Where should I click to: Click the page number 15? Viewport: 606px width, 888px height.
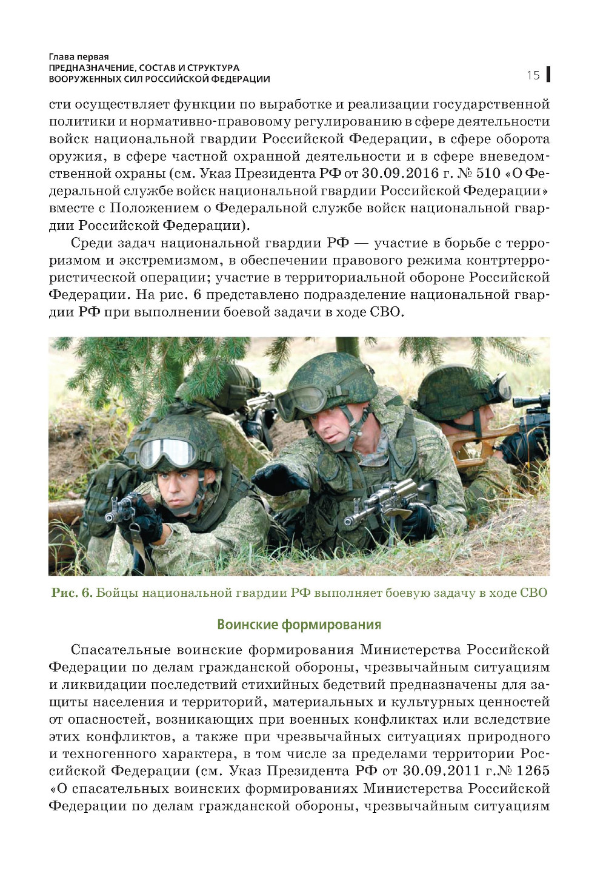pyautogui.click(x=533, y=75)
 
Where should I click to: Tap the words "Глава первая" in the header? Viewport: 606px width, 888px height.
pyautogui.click(x=79, y=57)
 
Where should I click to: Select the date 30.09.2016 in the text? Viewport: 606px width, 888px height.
pyautogui.click(x=400, y=173)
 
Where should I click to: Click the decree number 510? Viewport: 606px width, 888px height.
pyautogui.click(x=488, y=173)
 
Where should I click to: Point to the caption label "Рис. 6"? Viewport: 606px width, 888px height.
pyautogui.click(x=71, y=593)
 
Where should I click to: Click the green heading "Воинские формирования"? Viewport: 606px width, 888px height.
pyautogui.click(x=299, y=624)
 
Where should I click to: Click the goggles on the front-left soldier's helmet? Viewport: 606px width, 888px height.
pyautogui.click(x=167, y=452)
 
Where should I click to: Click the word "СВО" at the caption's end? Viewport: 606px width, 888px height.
pyautogui.click(x=533, y=593)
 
